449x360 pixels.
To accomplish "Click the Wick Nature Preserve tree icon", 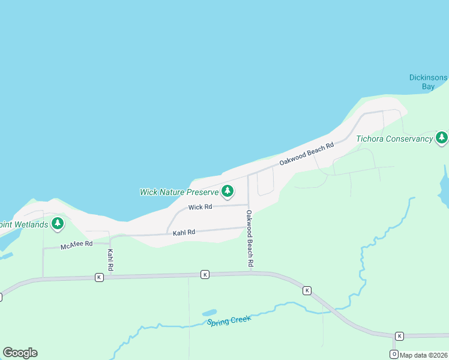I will (227, 191).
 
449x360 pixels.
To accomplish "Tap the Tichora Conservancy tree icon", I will (442, 137).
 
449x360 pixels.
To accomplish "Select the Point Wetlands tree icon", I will (58, 224).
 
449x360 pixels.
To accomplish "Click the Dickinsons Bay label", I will (429, 82).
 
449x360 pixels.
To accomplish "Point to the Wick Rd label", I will (200, 207).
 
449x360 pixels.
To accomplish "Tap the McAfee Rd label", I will (76, 245).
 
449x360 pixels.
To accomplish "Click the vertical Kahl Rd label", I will (110, 258).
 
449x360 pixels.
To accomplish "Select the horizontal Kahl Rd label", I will (184, 232).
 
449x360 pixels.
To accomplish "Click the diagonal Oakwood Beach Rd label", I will (306, 154).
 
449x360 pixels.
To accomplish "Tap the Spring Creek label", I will (229, 320).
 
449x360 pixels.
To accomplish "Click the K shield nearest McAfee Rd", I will (99, 277).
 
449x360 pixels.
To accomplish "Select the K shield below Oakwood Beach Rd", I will (205, 274).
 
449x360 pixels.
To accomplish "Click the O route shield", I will (394, 353).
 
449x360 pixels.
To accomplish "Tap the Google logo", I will (20, 353).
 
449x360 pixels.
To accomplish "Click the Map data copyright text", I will (424, 355).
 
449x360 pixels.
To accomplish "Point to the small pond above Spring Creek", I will (209, 313).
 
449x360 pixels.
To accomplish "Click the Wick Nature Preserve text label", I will (178, 192).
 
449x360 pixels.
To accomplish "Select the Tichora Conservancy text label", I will (394, 139).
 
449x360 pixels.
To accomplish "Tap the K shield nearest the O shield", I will (399, 335).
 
